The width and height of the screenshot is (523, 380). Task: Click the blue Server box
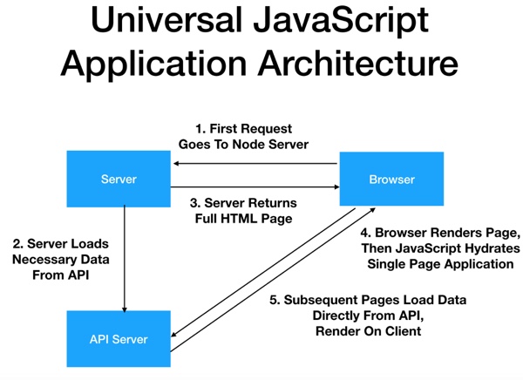click(119, 179)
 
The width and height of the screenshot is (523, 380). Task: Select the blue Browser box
click(391, 179)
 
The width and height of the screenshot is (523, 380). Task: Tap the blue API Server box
click(119, 339)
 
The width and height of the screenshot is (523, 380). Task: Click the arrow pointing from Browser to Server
click(255, 164)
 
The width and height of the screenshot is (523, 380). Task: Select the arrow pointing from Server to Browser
click(255, 187)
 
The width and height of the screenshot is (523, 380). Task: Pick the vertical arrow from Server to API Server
click(125, 259)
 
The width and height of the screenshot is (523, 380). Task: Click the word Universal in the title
click(166, 20)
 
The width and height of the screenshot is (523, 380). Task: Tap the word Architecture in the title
click(358, 63)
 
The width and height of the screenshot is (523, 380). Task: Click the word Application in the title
click(153, 64)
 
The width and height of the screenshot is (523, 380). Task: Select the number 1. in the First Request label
click(200, 129)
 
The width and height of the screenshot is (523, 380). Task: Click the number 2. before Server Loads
click(18, 244)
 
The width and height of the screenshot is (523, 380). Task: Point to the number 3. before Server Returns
click(195, 203)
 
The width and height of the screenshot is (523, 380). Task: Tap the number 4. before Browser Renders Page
click(366, 233)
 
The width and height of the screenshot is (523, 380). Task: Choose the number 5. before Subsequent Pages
click(275, 300)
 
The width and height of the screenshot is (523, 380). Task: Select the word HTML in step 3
click(236, 219)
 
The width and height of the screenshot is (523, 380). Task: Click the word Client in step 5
click(404, 331)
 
